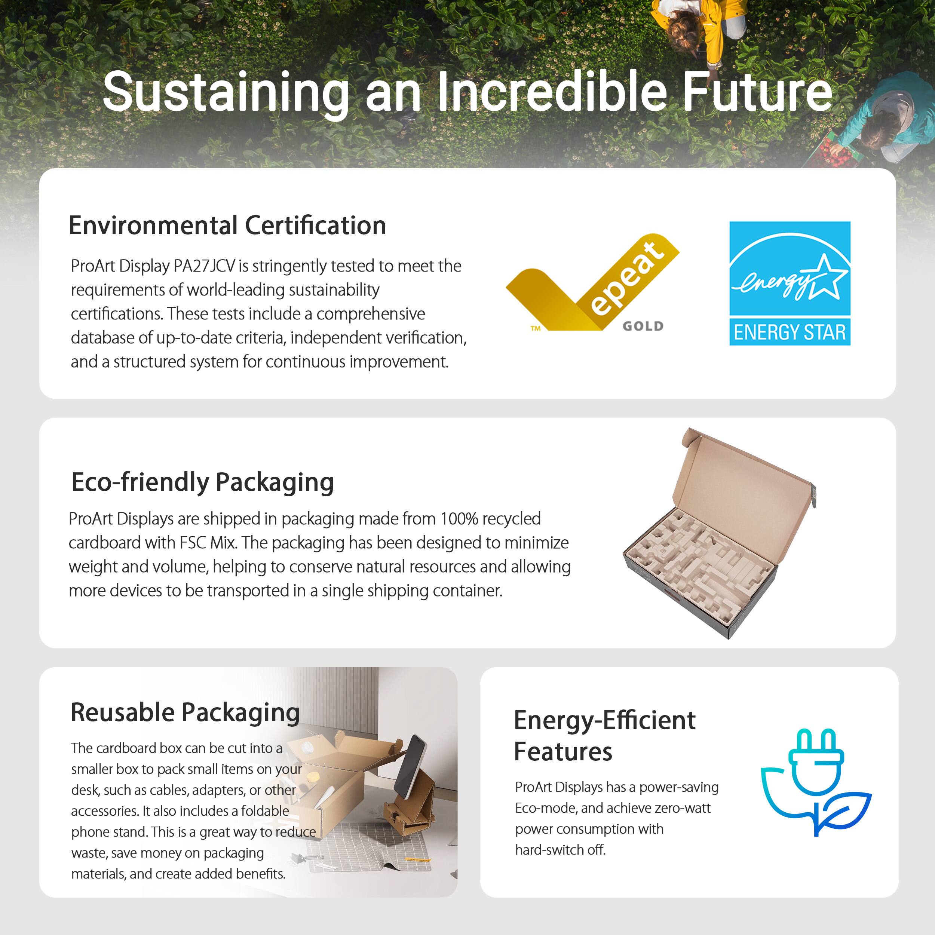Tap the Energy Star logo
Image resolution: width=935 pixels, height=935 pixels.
tap(790, 283)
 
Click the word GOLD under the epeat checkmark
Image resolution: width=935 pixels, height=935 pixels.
tap(643, 326)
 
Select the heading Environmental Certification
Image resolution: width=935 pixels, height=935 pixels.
tap(227, 226)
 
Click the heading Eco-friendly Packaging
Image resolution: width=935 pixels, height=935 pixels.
tap(202, 482)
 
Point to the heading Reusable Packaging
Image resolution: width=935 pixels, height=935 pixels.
tap(185, 712)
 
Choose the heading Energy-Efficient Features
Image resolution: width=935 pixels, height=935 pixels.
tap(604, 736)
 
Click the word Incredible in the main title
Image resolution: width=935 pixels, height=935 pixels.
tap(552, 92)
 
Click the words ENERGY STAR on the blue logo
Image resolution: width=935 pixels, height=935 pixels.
tap(790, 332)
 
